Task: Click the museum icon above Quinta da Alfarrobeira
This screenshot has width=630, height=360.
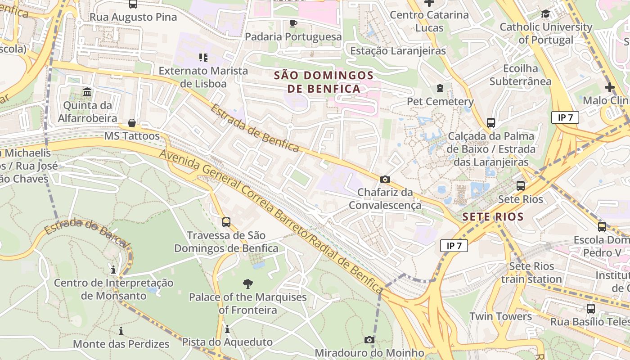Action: [x=87, y=92]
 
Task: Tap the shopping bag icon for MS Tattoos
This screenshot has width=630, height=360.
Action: [x=132, y=123]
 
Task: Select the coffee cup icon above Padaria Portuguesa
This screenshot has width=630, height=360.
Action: [x=293, y=23]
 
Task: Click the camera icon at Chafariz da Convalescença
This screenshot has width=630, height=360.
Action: [x=385, y=179]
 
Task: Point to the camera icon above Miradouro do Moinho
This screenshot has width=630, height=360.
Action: [x=369, y=340]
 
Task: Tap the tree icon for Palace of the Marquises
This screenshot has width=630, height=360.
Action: [x=247, y=283]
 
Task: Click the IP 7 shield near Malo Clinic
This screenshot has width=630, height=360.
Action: [x=565, y=118]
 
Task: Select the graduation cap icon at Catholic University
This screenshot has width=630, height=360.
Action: [x=546, y=14]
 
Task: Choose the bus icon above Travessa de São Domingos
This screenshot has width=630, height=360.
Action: [x=226, y=222]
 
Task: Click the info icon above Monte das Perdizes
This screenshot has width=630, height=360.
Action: [x=121, y=331]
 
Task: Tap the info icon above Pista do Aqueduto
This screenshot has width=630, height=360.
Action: [x=227, y=329]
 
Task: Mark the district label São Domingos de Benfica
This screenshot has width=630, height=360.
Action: [x=324, y=82]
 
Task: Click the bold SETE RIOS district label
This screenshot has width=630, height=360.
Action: [x=493, y=217]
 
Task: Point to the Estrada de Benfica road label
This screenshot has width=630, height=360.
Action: [x=255, y=129]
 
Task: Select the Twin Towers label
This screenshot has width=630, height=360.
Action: [x=500, y=316]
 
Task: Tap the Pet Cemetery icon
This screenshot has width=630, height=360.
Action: [x=440, y=88]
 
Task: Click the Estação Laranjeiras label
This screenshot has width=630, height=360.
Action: [x=398, y=51]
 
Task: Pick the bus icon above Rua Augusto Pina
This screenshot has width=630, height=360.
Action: [x=133, y=4]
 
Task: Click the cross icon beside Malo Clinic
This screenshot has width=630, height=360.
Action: [x=610, y=87]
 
